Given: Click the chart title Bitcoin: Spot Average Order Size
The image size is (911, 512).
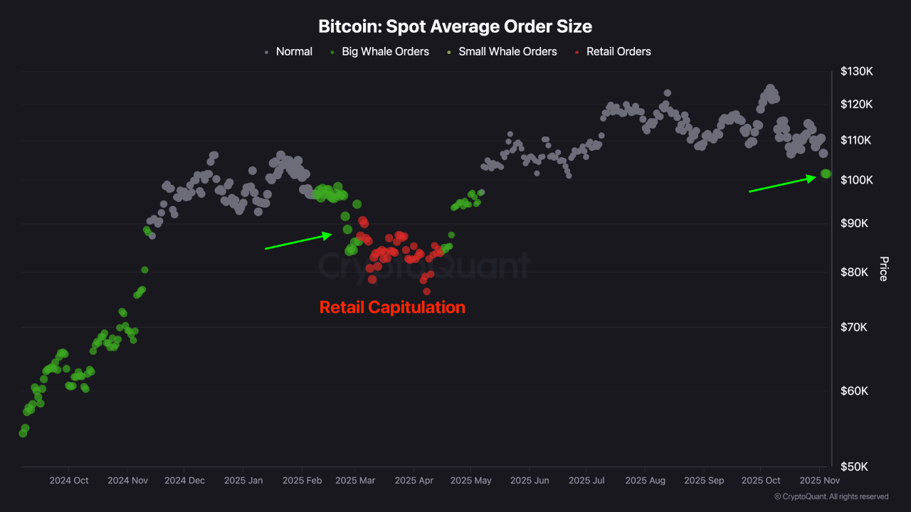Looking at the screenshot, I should click(x=455, y=27).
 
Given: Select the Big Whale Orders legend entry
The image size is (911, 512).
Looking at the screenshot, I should click(x=385, y=51).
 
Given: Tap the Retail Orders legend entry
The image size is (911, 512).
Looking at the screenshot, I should click(x=618, y=51).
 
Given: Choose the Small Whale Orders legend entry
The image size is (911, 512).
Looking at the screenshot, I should click(x=507, y=51).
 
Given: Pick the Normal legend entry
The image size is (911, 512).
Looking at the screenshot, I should click(x=293, y=51).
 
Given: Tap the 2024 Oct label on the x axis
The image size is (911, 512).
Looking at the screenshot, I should click(x=69, y=481).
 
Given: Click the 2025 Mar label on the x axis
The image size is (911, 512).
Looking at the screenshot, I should click(x=354, y=481).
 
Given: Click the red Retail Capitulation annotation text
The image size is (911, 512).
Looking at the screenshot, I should click(x=392, y=307).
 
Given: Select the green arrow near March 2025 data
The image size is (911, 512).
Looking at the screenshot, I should click(x=298, y=241).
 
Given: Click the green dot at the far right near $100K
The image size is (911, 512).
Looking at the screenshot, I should click(x=826, y=174).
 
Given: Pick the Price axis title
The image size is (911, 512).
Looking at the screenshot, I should click(x=883, y=269).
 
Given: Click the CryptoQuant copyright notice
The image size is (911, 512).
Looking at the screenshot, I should click(x=831, y=496).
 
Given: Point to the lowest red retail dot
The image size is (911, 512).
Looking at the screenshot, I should click(x=426, y=291).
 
